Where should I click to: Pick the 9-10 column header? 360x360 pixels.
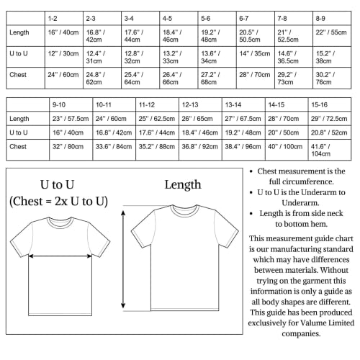coord(60,104)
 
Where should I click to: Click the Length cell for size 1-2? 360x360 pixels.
coord(62,32)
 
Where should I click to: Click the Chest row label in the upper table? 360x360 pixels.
coord(18,74)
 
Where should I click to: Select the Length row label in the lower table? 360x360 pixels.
coord(19,118)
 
